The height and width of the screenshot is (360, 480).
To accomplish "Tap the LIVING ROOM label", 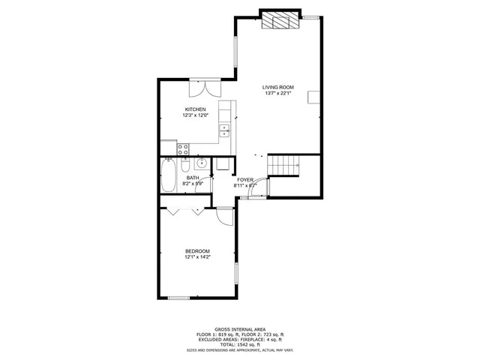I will coord(278,87).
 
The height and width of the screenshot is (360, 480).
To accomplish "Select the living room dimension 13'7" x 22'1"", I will coord(278,94).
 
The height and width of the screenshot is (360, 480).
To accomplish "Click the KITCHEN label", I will coord(196,109).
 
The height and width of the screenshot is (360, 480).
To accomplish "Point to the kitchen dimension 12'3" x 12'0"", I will coord(196,115).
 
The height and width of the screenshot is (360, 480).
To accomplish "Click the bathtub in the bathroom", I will coord(169,177).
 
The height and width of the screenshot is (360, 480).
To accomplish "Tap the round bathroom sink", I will coord(200,163).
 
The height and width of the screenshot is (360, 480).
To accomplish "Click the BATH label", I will coord(193,178).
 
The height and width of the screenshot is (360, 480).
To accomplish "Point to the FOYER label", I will coord(245,180).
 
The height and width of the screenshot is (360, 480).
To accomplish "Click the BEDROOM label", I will coord(198,251).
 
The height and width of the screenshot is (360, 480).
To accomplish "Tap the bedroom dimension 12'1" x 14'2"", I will coord(198,257).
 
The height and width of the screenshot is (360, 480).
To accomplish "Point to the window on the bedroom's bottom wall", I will coord(178,298).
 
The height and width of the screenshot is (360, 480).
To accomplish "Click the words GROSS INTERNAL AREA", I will coord(239,329).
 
